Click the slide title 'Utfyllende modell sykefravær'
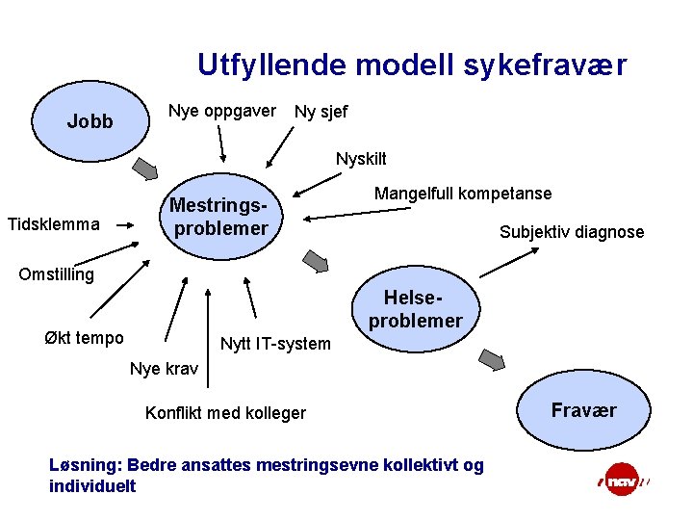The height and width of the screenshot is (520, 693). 412,65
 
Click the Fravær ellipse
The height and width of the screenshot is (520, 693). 583,411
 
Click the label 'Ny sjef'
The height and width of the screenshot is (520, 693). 321,113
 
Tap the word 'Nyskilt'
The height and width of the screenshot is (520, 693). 361,158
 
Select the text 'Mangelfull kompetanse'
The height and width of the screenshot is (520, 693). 463,194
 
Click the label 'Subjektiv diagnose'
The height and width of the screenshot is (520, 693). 572,232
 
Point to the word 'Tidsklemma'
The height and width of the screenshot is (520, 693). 53,224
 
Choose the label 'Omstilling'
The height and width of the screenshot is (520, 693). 57,274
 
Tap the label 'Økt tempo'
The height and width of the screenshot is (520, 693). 84,337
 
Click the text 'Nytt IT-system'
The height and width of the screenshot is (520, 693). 275,344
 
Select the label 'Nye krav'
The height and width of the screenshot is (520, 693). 164,369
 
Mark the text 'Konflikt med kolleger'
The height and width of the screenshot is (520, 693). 225,413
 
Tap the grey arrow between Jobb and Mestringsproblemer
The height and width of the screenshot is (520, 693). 143,169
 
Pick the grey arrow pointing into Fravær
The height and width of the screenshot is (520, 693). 492,359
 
